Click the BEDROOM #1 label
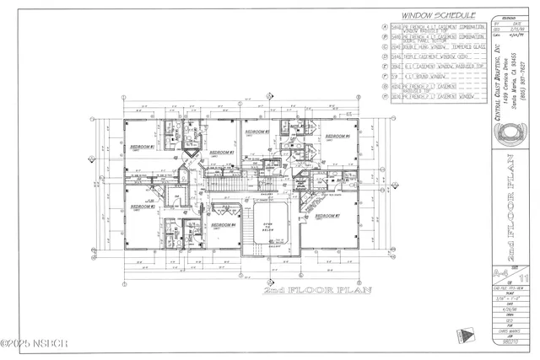tap(142, 147)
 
